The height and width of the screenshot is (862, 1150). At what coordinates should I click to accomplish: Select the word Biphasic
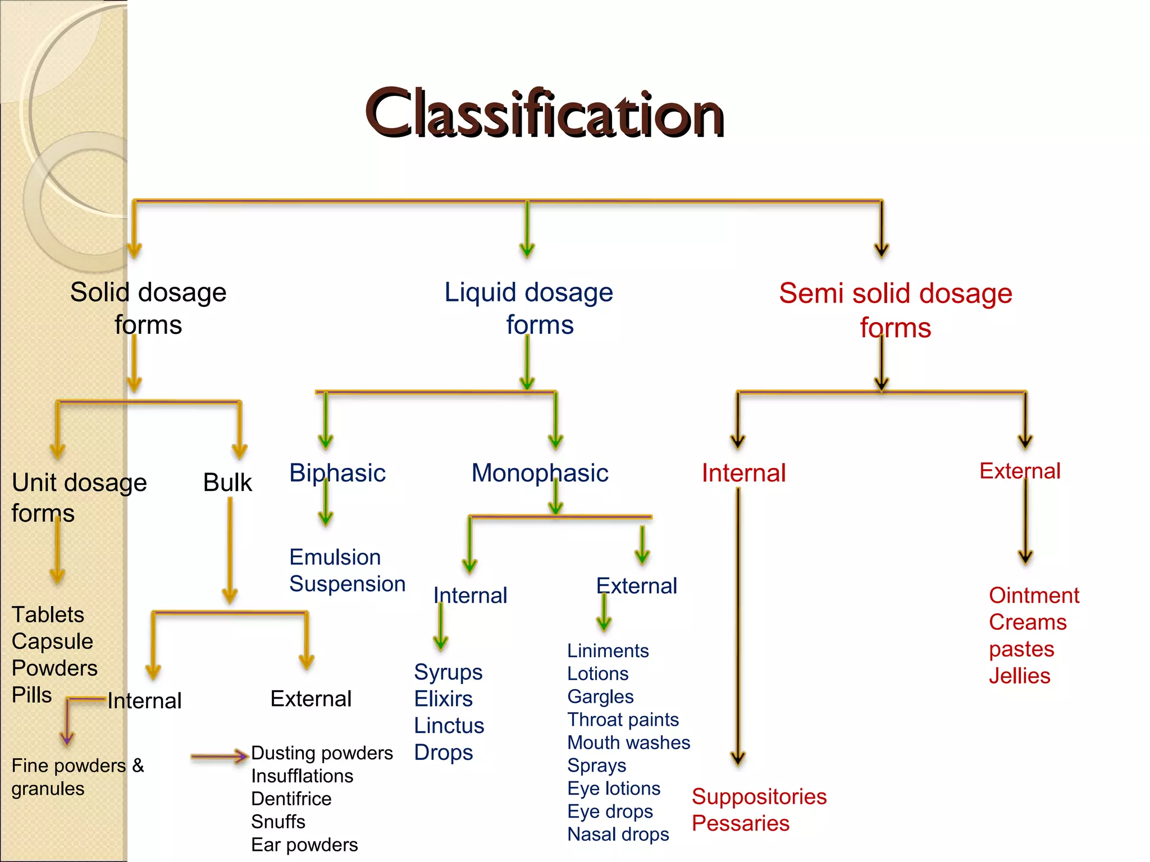[x=337, y=473]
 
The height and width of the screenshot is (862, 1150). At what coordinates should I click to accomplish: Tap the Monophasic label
[x=540, y=473]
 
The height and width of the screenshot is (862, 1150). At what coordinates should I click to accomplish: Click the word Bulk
[x=227, y=483]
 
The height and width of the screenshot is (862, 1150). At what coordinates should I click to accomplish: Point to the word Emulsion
[x=335, y=557]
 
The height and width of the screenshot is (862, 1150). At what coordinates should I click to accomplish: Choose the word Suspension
[x=347, y=584]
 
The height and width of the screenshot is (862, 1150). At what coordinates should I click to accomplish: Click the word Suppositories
[x=759, y=797]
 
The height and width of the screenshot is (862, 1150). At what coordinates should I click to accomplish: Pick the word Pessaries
[x=741, y=823]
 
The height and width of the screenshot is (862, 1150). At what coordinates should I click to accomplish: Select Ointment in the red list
[x=1034, y=595]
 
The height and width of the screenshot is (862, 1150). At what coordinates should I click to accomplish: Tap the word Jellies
[x=1019, y=676]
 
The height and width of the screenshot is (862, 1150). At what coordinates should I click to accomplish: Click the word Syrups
[x=448, y=672]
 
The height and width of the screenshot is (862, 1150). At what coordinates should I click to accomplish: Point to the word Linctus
[x=449, y=726]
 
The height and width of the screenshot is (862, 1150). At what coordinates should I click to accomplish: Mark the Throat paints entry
[x=623, y=719]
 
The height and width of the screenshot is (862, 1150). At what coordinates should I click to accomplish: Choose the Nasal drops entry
[x=618, y=835]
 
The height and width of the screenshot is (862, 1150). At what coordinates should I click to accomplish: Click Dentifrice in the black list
[x=291, y=799]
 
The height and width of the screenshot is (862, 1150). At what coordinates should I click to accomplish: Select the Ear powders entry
[x=304, y=845]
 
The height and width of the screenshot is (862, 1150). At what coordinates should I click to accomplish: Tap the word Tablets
[x=48, y=615]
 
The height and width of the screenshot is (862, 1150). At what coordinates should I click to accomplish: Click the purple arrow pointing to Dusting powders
[x=219, y=756]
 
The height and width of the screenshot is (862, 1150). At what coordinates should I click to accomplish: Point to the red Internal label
[x=743, y=473]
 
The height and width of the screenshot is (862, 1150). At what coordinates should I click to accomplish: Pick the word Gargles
[x=600, y=696]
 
